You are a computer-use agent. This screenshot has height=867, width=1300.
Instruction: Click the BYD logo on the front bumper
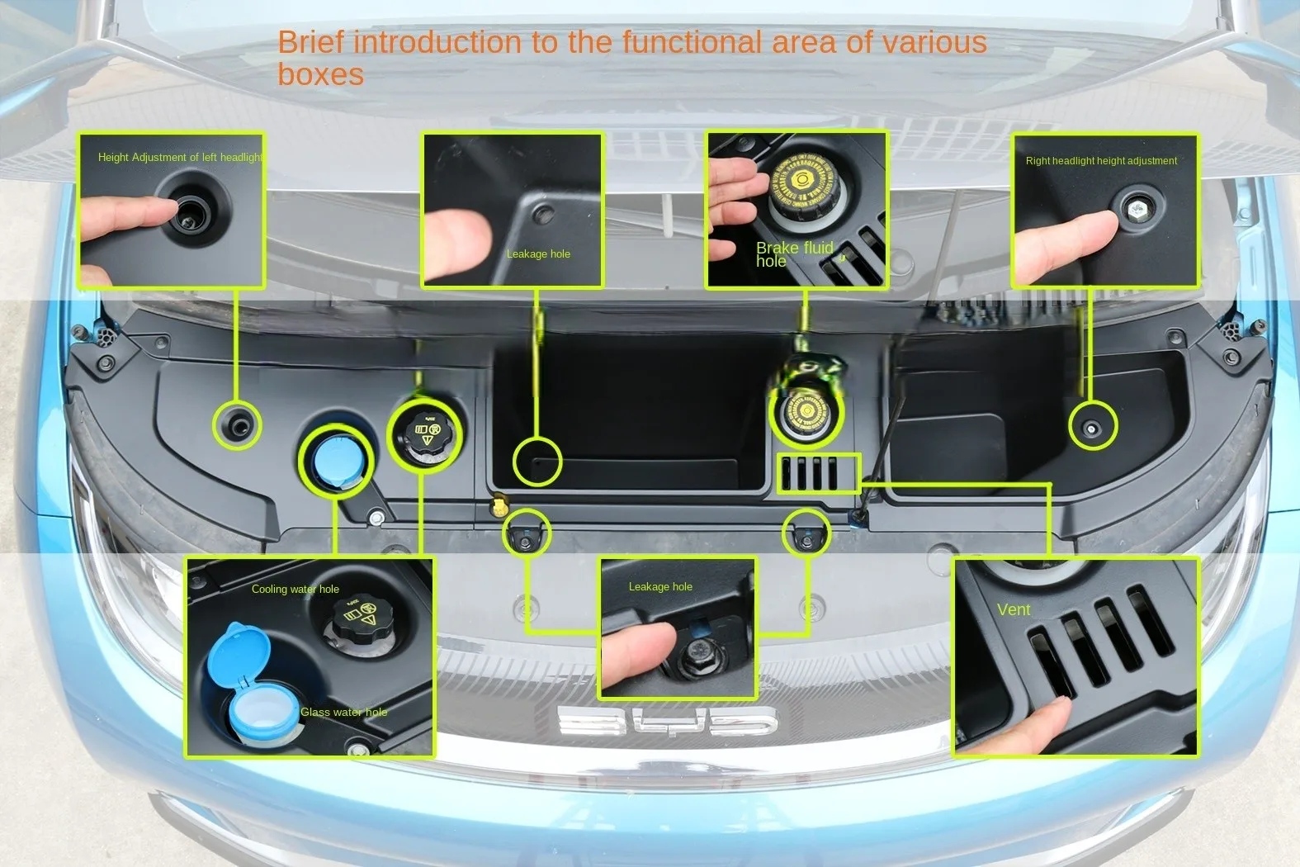tap(667, 722)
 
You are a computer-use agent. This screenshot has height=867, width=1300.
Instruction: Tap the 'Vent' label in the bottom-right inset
tap(1013, 609)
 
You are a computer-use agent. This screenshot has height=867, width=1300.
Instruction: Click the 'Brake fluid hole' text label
tap(793, 254)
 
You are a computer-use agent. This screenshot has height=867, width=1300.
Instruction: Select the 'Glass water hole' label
tap(343, 712)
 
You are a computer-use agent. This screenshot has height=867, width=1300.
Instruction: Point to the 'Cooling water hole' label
tap(295, 589)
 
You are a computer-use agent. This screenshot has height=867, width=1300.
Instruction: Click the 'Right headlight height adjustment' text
tap(1101, 161)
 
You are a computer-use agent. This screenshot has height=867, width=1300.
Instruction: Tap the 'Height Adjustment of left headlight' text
tap(180, 157)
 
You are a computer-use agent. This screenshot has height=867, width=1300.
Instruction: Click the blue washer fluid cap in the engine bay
tap(336, 461)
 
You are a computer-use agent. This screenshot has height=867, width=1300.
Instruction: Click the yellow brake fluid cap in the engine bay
tap(806, 413)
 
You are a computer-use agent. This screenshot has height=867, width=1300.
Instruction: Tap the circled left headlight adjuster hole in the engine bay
tap(238, 426)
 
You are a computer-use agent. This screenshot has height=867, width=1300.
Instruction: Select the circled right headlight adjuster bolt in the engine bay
tap(1092, 428)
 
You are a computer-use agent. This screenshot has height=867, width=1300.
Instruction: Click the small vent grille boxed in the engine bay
tap(817, 474)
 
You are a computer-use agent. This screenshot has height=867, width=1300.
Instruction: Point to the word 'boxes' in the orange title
tap(320, 75)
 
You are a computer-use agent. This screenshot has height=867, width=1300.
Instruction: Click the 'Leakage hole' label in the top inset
tap(538, 253)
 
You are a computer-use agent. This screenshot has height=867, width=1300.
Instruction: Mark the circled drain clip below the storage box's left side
tap(526, 534)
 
